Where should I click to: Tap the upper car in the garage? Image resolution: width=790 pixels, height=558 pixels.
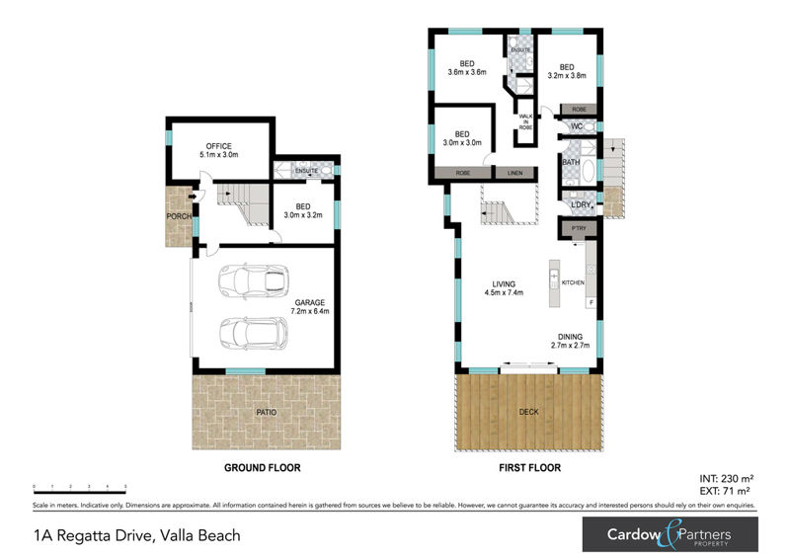pyautogui.click(x=253, y=280)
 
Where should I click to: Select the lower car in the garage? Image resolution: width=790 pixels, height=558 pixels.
pyautogui.click(x=253, y=334)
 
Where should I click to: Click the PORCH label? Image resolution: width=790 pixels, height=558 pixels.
pyautogui.click(x=179, y=216)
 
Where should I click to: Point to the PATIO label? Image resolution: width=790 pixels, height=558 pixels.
pyautogui.click(x=266, y=411)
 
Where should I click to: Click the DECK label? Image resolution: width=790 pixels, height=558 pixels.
pyautogui.click(x=528, y=411)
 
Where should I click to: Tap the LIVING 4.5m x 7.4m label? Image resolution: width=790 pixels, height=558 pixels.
pyautogui.click(x=504, y=287)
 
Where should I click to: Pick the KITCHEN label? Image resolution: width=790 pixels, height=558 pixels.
pyautogui.click(x=574, y=283)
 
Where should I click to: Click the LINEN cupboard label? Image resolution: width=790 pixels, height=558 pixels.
pyautogui.click(x=513, y=174)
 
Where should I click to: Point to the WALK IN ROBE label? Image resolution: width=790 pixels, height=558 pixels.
pyautogui.click(x=525, y=122)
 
